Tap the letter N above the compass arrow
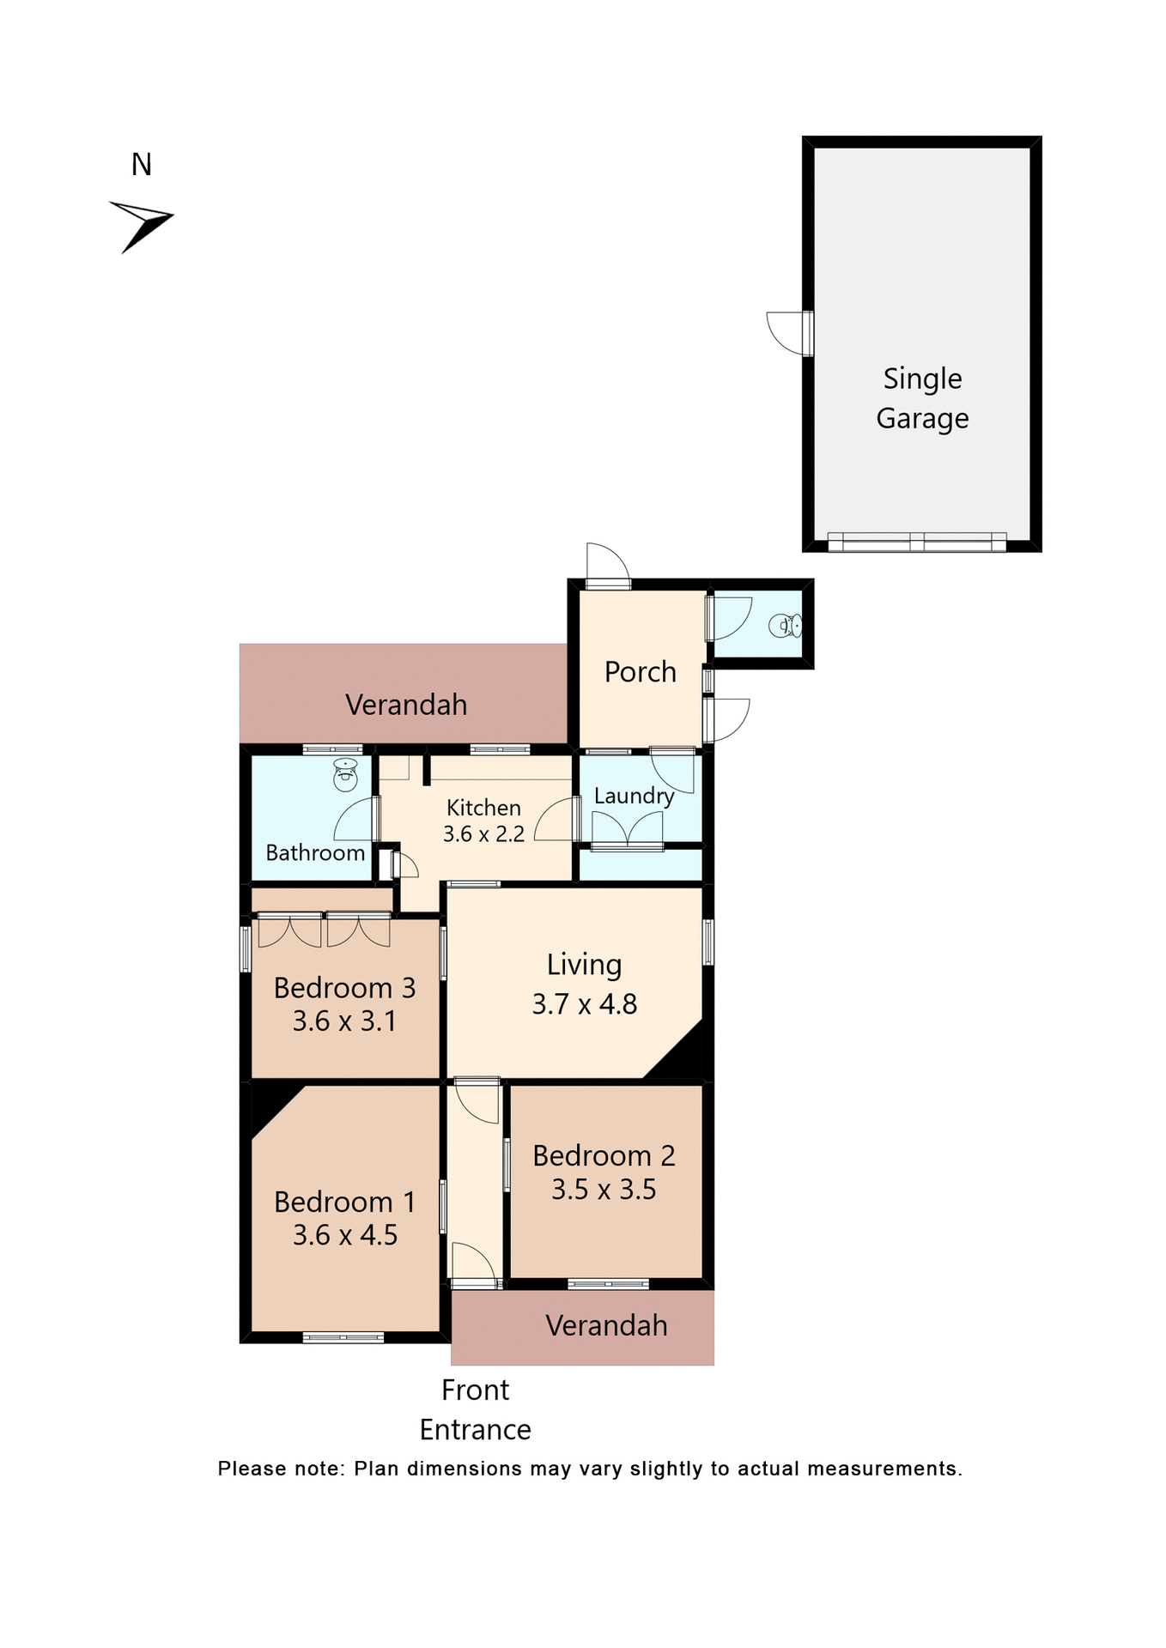coord(142,165)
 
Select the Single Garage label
coord(922,398)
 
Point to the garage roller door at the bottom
coord(916,542)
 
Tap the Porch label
coord(640,672)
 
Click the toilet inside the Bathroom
coord(345,776)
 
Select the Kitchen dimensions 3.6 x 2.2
coord(483,834)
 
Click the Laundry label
coord(634,796)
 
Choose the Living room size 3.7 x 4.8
coord(584,1004)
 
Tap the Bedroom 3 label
coord(344,988)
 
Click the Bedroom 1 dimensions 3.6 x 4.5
coord(345,1235)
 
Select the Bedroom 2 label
coord(604,1156)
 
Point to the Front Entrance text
coord(475,1409)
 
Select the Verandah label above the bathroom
coord(406,705)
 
